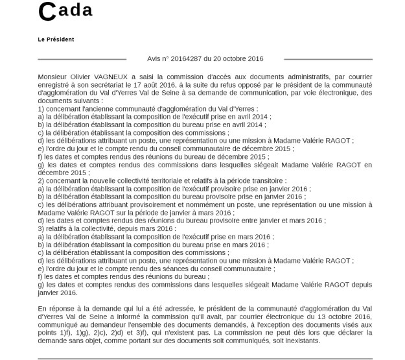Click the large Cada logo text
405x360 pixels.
[x=65, y=11]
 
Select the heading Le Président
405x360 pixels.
[x=56, y=39]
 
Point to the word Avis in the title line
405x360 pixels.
[x=157, y=58]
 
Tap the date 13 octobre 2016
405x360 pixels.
[x=343, y=316]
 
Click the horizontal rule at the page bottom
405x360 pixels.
[x=205, y=358]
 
